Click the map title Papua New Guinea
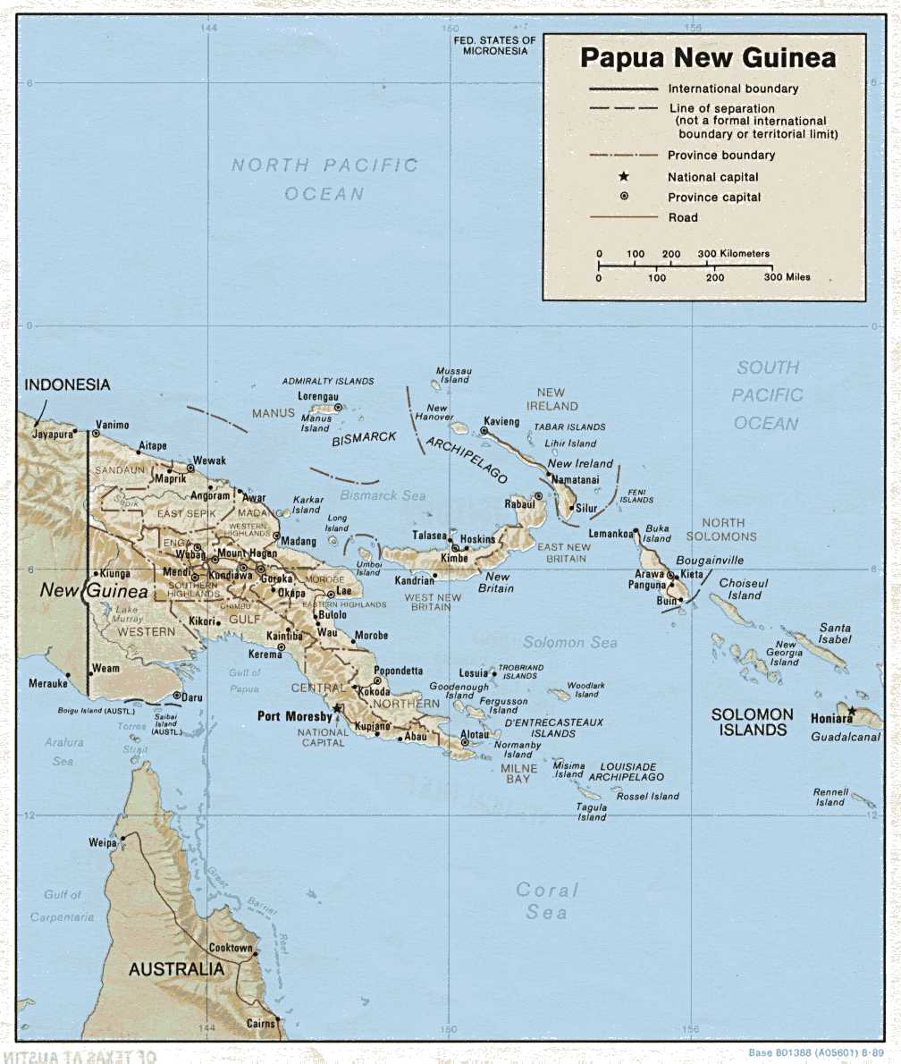708,58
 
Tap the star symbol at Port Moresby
338,708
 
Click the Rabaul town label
518,503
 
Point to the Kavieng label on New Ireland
501,420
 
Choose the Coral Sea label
547,900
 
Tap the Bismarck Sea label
383,494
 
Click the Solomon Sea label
569,642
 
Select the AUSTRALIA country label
177,969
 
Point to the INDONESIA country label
67,384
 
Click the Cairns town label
261,1023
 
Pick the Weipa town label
103,842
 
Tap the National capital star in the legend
624,177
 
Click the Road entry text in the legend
683,217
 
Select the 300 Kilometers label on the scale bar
733,254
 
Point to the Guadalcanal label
846,737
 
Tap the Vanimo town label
112,426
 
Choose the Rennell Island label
829,797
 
